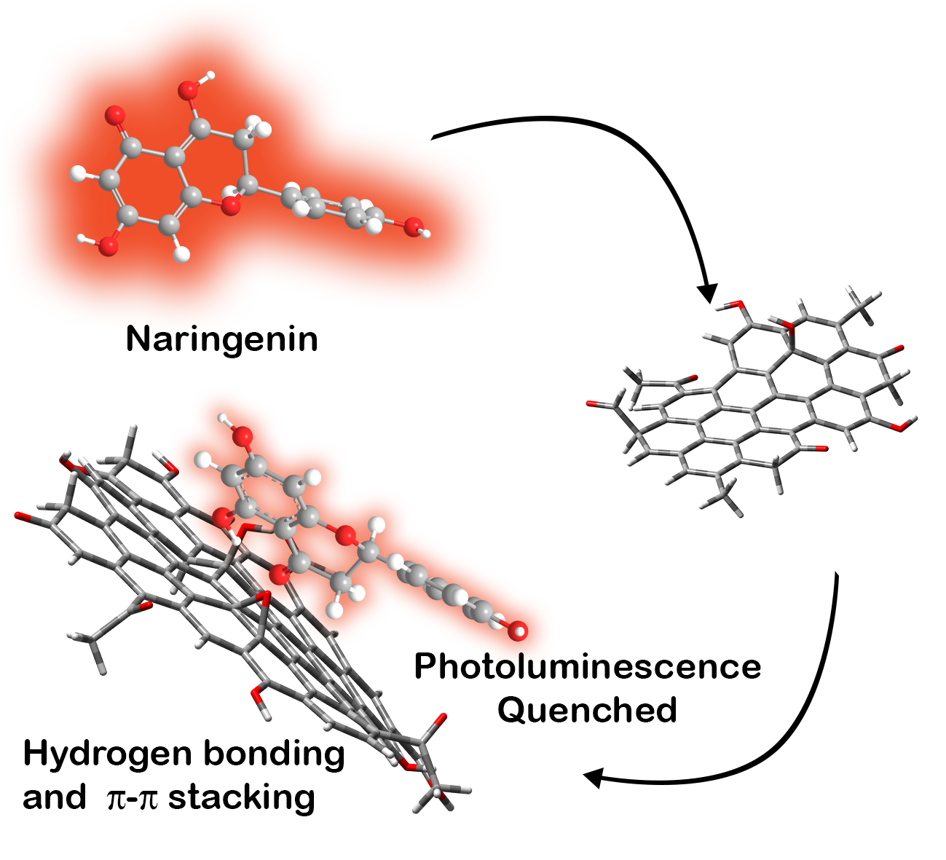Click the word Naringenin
pyautogui.click(x=222, y=339)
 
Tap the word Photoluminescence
pyautogui.click(x=588, y=667)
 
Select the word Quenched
pyautogui.click(x=588, y=709)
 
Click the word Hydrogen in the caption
pyautogui.click(x=108, y=754)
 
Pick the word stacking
pyautogui.click(x=242, y=797)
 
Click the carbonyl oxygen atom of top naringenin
pyautogui.click(x=114, y=114)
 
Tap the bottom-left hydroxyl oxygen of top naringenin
pyautogui.click(x=108, y=247)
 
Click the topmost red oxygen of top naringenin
pyautogui.click(x=189, y=90)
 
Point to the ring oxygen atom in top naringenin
pyautogui.click(x=231, y=206)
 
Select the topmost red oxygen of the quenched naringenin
pyautogui.click(x=243, y=437)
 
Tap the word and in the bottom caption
pyautogui.click(x=54, y=798)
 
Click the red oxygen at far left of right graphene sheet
pyautogui.click(x=591, y=403)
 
